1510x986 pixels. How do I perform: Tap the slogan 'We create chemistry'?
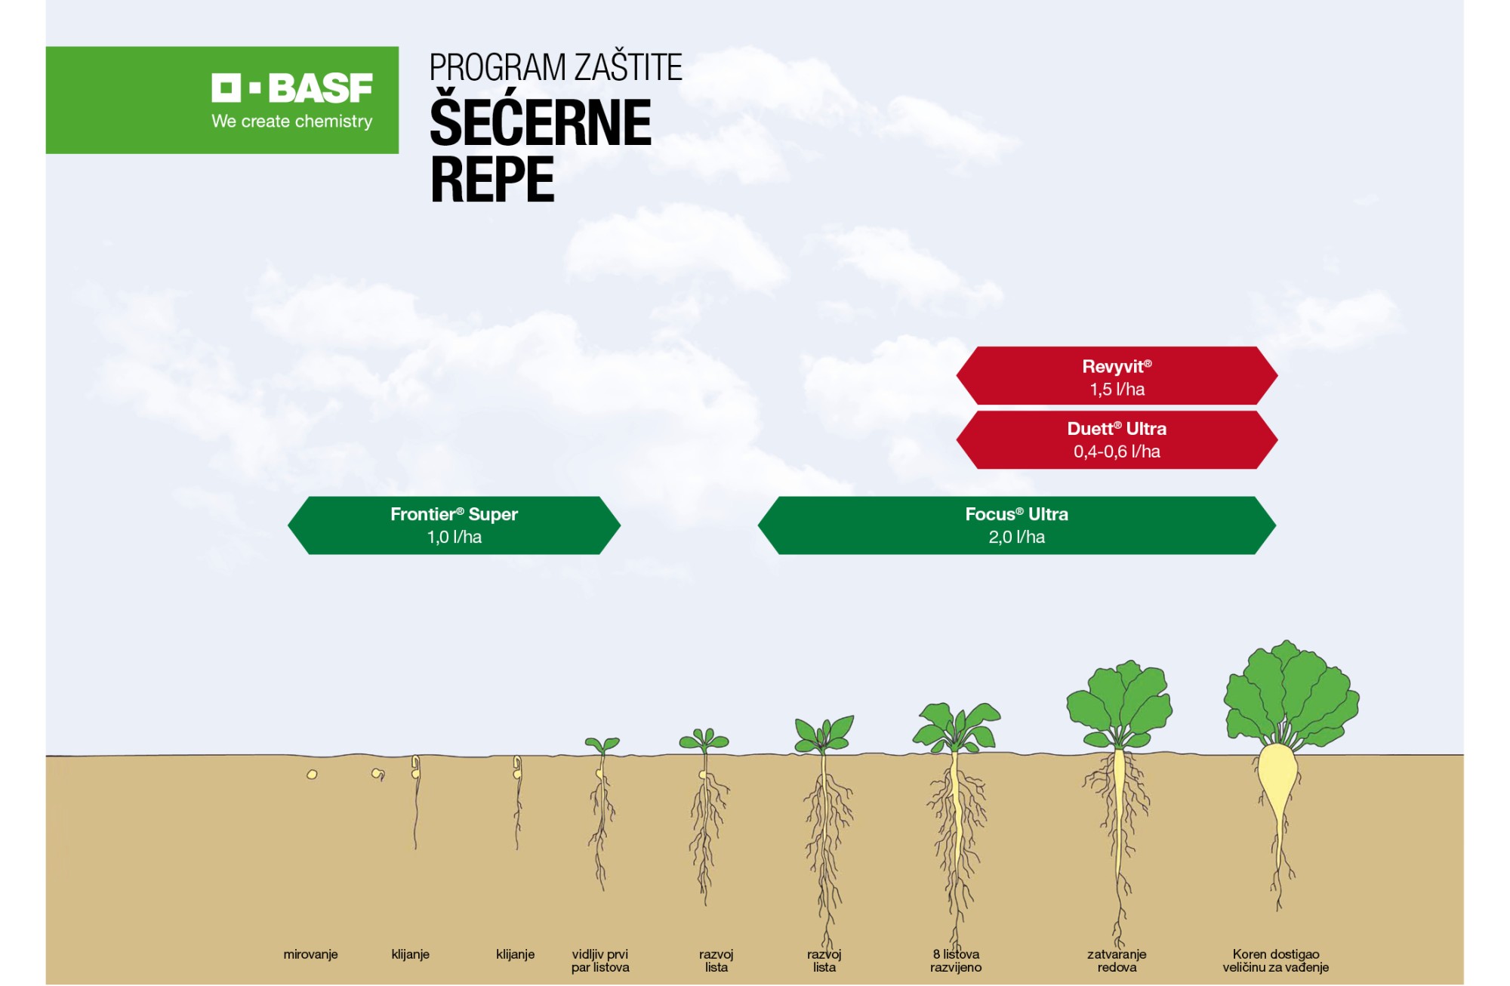coord(292,121)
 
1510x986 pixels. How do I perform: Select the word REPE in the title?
coord(492,179)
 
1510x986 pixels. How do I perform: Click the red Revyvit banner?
coord(1117,376)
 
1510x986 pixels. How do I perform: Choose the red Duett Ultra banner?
coord(1117,440)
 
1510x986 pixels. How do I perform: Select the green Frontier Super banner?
coord(454,525)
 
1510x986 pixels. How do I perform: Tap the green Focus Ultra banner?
coord(1016,525)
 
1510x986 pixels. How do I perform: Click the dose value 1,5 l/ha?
coord(1117,390)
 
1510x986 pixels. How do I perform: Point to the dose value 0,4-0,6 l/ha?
coord(1117,451)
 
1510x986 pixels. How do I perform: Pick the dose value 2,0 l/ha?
coord(1016,537)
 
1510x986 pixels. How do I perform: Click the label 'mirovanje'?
coord(310,954)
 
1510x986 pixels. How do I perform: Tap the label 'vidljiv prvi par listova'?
coord(600,960)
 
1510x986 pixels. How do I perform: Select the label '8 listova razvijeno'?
coord(956,960)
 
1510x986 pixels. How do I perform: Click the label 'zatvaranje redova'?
coord(1117,960)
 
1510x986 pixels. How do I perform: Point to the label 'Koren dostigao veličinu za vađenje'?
coord(1275,960)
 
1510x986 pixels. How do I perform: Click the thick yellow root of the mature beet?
coord(1277,785)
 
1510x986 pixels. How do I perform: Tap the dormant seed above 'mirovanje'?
coord(312,775)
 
